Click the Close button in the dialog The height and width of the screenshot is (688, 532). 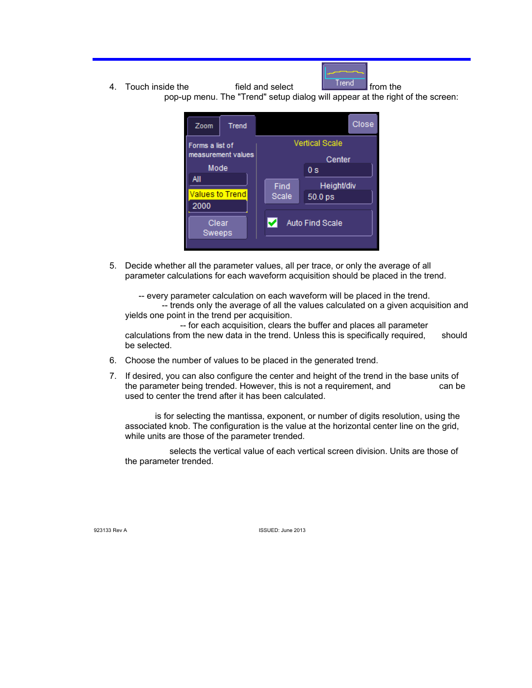(362, 124)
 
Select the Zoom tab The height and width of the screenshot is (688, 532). (204, 126)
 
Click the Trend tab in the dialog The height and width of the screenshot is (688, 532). (238, 126)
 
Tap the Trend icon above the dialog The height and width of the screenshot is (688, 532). (344, 76)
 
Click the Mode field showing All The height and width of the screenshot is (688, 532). (217, 179)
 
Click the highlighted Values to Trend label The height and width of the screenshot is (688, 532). (217, 194)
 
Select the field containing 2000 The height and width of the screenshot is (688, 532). (217, 206)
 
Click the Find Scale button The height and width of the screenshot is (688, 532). (282, 191)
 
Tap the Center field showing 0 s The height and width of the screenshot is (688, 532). (338, 170)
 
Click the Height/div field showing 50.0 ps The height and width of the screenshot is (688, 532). (338, 197)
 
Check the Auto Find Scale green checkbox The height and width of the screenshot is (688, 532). (273, 223)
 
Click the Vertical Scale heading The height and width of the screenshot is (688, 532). (318, 143)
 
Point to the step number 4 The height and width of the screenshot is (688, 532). (113, 87)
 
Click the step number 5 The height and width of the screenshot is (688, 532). (113, 266)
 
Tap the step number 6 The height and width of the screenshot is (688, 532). (113, 360)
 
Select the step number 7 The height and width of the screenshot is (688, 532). (113, 376)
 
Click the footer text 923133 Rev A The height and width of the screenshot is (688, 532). (110, 530)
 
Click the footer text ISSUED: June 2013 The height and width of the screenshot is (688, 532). (282, 530)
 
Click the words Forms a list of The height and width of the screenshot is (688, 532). (211, 145)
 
